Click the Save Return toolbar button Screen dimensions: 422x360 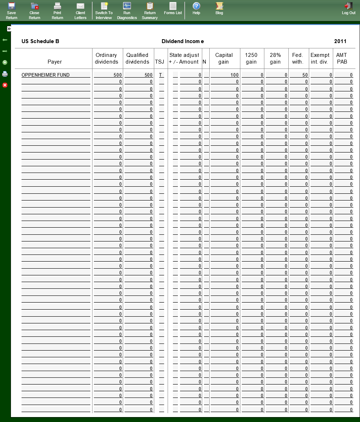[x=12, y=11]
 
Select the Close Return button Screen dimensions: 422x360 [x=35, y=11]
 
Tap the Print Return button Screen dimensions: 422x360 [x=58, y=11]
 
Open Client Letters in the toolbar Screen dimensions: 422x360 [x=80, y=11]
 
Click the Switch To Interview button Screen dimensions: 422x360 [x=104, y=11]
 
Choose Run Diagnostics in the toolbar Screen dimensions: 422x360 [x=127, y=11]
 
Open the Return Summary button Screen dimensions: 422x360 [x=150, y=11]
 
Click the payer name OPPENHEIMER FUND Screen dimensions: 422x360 [x=46, y=75]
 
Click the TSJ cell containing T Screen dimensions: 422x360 [x=161, y=75]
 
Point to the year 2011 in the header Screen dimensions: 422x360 [x=340, y=41]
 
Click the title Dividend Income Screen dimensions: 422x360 [x=182, y=41]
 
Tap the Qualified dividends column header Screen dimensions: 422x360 [x=137, y=58]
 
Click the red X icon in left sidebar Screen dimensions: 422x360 [x=5, y=85]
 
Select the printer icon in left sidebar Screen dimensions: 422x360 [x=5, y=74]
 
